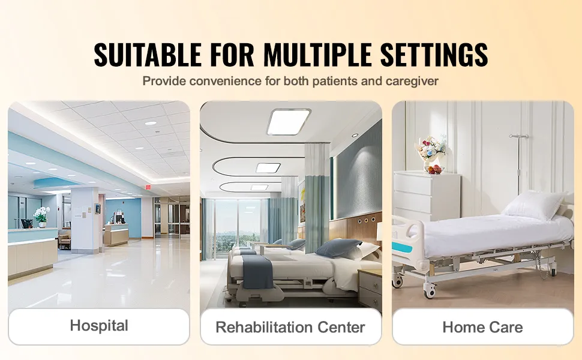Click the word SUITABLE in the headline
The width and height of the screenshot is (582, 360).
147,55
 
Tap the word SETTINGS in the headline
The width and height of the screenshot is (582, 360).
434,55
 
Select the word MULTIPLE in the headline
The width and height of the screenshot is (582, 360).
317,55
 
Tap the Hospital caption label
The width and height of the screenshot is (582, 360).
99,326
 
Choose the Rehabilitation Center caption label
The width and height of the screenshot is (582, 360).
290,328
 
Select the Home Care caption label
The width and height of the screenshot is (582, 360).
482,328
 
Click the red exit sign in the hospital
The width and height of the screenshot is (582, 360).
148,187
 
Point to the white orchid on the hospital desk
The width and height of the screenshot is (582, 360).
41,215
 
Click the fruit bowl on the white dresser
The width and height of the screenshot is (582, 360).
434,170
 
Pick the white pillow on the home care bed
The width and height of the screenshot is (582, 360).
534,205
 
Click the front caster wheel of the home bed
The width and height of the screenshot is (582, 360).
430,292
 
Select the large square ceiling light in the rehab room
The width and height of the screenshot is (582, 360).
289,122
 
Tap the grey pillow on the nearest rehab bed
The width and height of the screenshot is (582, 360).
338,248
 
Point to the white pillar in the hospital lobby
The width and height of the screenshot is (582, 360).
85,220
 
